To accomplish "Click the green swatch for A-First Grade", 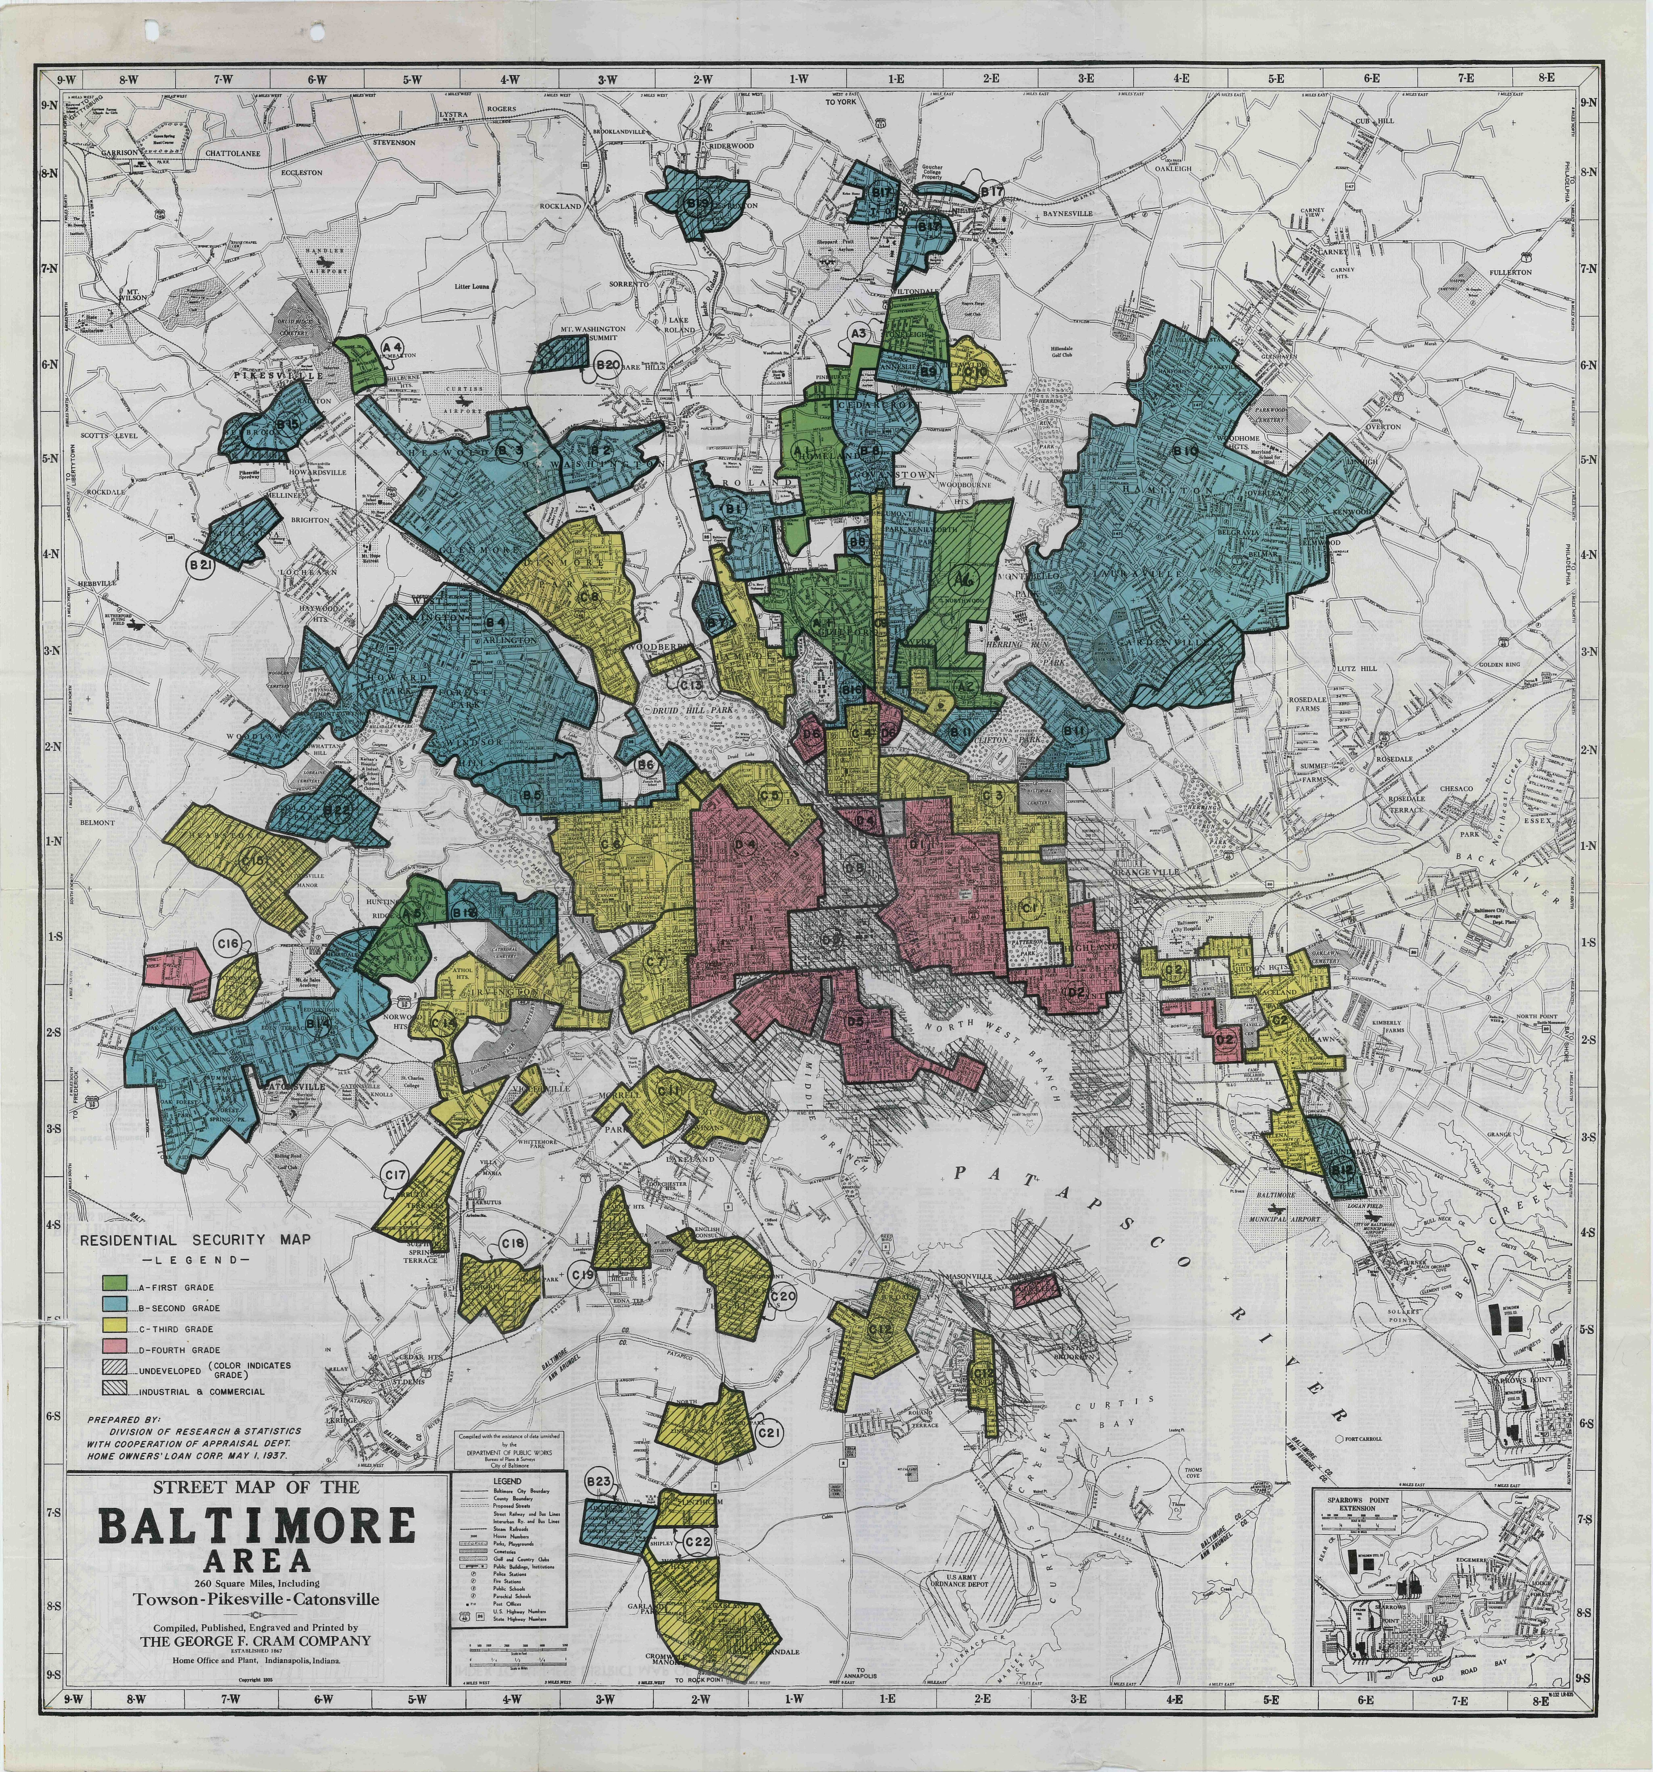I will [x=114, y=1285].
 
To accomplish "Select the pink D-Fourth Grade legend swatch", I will [x=114, y=1349].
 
